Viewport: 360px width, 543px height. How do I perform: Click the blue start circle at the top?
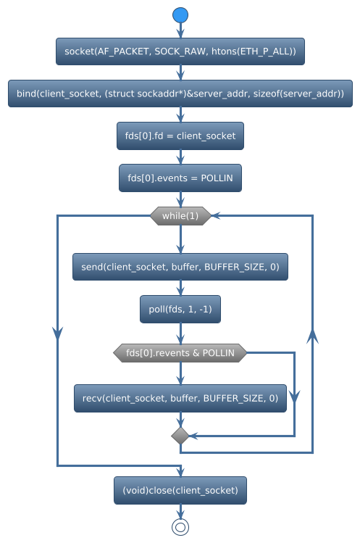[x=180, y=14]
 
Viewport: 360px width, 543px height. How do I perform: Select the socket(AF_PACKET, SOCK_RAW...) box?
[x=180, y=51]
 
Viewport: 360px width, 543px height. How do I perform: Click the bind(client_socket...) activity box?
[x=180, y=94]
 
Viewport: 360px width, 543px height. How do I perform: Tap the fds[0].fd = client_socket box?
[x=180, y=136]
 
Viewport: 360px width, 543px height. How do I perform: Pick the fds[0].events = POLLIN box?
[x=180, y=178]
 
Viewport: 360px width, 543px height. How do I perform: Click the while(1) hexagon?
[x=180, y=216]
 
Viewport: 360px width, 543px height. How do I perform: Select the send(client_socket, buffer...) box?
[x=180, y=267]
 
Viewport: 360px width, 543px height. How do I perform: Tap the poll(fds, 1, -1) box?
[x=180, y=310]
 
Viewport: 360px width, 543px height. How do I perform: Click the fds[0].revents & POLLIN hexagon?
[x=180, y=353]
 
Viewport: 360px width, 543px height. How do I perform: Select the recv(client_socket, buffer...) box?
[x=180, y=398]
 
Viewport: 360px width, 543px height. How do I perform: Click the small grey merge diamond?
[x=180, y=436]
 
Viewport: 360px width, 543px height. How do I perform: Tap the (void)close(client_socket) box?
[x=180, y=490]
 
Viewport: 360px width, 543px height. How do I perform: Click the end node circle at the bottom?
[x=180, y=527]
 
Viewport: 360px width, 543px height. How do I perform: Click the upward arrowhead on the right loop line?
[x=312, y=336]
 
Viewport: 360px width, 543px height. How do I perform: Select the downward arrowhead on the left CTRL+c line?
[x=57, y=331]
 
